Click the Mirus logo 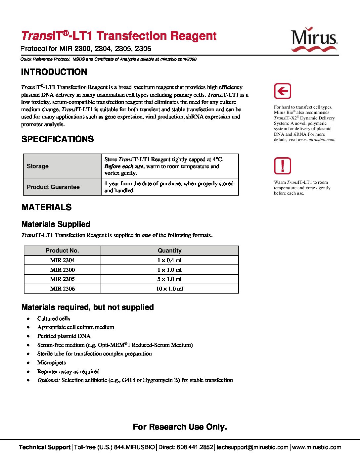(x=314, y=39)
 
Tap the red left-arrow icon (x=282, y=91)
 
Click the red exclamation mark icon (x=282, y=166)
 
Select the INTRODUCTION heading (x=54, y=72)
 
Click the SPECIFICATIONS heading (x=58, y=139)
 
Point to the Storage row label (x=38, y=166)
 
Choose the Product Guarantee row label (x=53, y=187)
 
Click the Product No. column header (x=62, y=251)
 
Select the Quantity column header (x=169, y=251)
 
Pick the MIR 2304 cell (x=62, y=260)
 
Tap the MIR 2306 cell (x=62, y=289)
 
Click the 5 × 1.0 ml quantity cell (x=169, y=279)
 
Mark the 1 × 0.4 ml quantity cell (x=169, y=260)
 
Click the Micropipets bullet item (x=52, y=362)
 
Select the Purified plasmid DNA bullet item (x=64, y=336)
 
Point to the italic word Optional (x=49, y=380)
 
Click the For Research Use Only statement (x=180, y=427)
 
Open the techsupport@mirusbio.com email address (x=252, y=447)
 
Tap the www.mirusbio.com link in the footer (x=316, y=447)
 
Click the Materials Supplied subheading (x=56, y=224)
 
